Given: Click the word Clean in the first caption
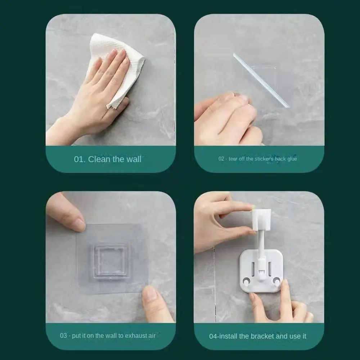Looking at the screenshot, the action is coord(100,159).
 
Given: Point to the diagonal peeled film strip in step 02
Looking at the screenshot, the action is coord(261,80).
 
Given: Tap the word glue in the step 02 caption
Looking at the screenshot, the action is coord(292,159).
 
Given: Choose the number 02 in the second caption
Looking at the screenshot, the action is coord(221,159).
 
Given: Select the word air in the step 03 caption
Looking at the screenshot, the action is coord(152,336).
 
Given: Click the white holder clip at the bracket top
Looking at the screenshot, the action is coord(261,219).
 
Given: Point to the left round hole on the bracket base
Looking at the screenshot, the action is coord(246,281).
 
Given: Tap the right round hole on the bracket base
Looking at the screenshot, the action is coord(276,280).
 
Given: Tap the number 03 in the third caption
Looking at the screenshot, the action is coord(63,336).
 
